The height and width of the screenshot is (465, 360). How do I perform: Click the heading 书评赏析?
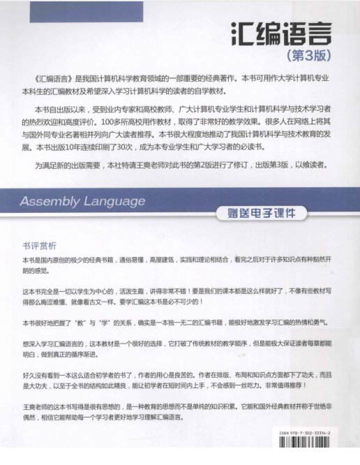pos(39,246)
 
